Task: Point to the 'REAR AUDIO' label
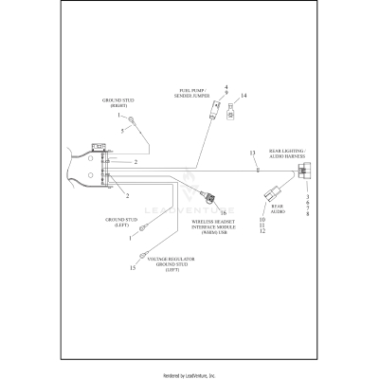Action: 278,207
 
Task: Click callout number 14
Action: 244,96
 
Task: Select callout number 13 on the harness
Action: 253,153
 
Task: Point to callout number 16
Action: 224,213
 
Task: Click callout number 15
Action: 133,268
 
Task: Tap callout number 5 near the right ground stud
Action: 122,131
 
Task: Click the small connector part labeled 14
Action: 231,111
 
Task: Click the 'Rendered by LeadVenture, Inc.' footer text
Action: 189,374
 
